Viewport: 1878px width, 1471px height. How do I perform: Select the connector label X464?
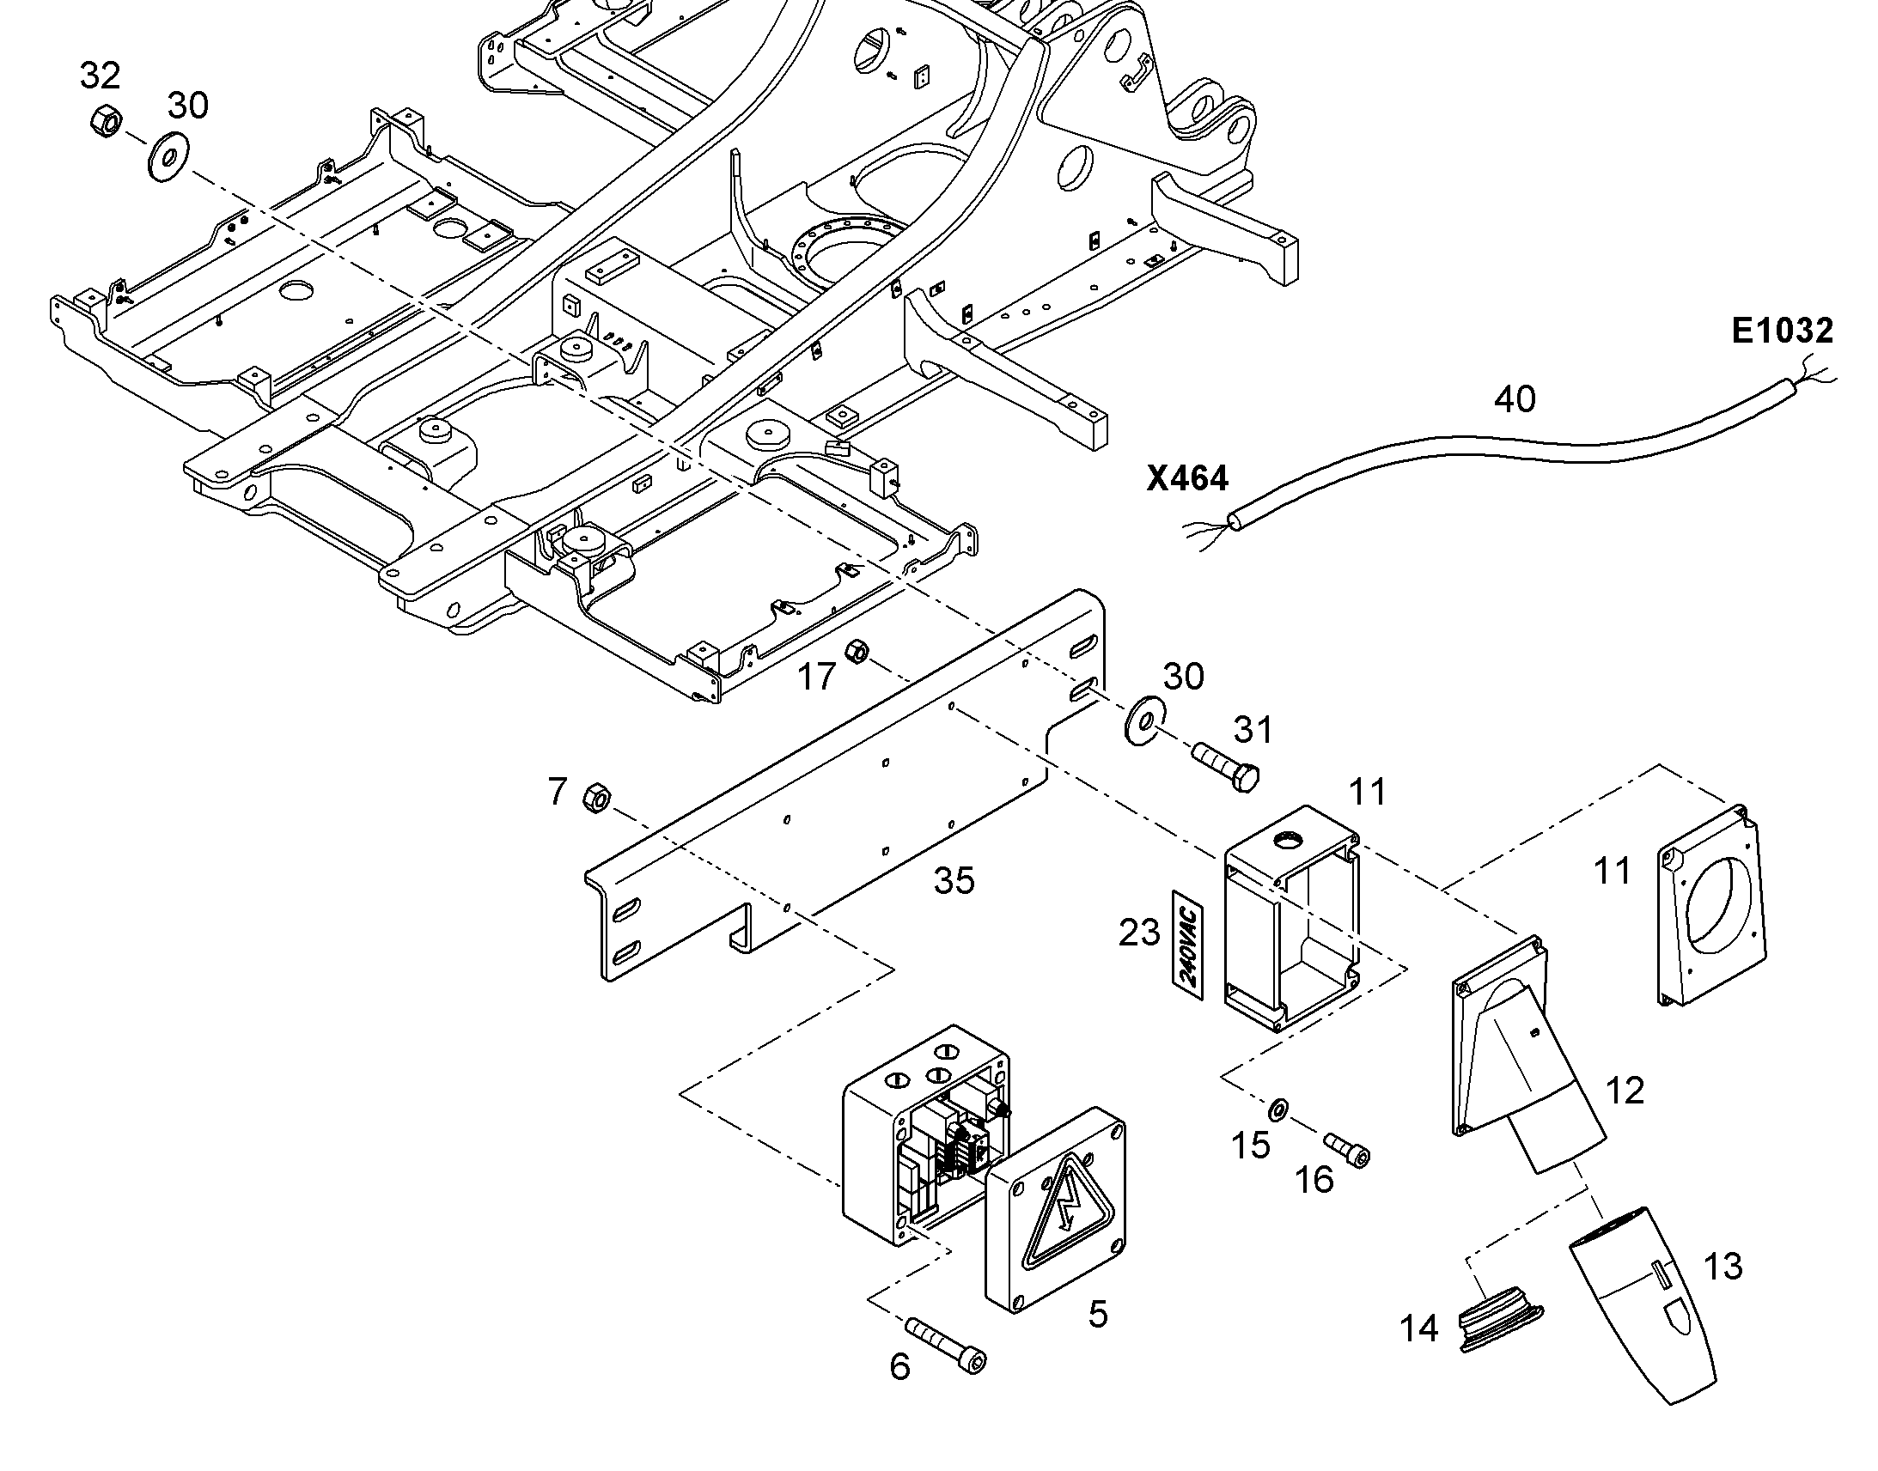[1187, 479]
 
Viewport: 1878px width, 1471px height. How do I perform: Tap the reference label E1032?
[1783, 331]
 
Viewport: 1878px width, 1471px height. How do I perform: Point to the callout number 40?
[1515, 399]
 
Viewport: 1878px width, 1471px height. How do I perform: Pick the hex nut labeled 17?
[857, 652]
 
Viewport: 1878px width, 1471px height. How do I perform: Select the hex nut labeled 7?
[596, 798]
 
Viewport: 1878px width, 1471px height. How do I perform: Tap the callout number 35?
[954, 881]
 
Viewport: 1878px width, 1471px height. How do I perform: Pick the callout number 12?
[1625, 1091]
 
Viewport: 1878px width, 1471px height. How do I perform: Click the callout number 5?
[1098, 1315]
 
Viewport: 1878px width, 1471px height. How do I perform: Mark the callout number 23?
[1139, 933]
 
